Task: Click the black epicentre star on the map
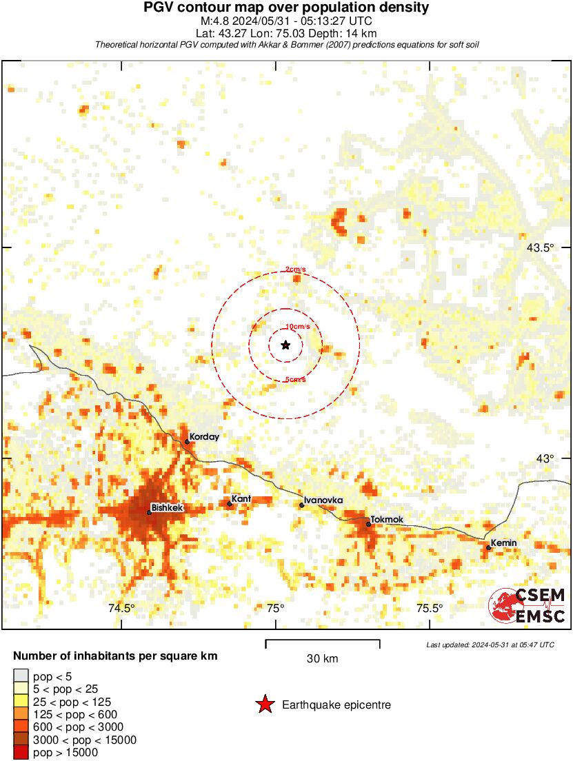point(285,345)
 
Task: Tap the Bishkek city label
point(168,508)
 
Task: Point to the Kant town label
point(241,498)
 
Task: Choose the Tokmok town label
point(387,520)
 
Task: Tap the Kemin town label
point(503,543)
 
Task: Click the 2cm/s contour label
point(296,269)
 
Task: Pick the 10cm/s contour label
point(297,326)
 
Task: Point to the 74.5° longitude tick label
point(121,608)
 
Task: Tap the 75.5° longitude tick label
point(429,608)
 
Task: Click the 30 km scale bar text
point(322,659)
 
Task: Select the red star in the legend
point(264,704)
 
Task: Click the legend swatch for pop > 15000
point(21,753)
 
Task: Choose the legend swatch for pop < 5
point(21,676)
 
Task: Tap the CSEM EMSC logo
point(527,605)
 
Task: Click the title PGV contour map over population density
point(286,8)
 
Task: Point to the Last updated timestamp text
point(490,645)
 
